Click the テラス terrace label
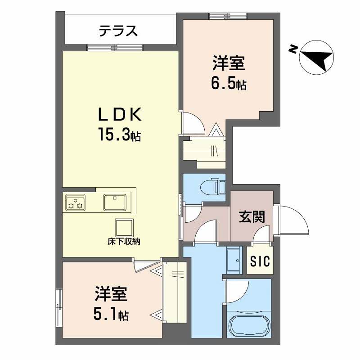(x=118, y=31)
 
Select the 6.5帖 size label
(x=229, y=84)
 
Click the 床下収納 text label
(x=124, y=241)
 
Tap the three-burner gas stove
(x=75, y=202)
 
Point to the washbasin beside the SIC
(x=234, y=261)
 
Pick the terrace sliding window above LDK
(x=115, y=47)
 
